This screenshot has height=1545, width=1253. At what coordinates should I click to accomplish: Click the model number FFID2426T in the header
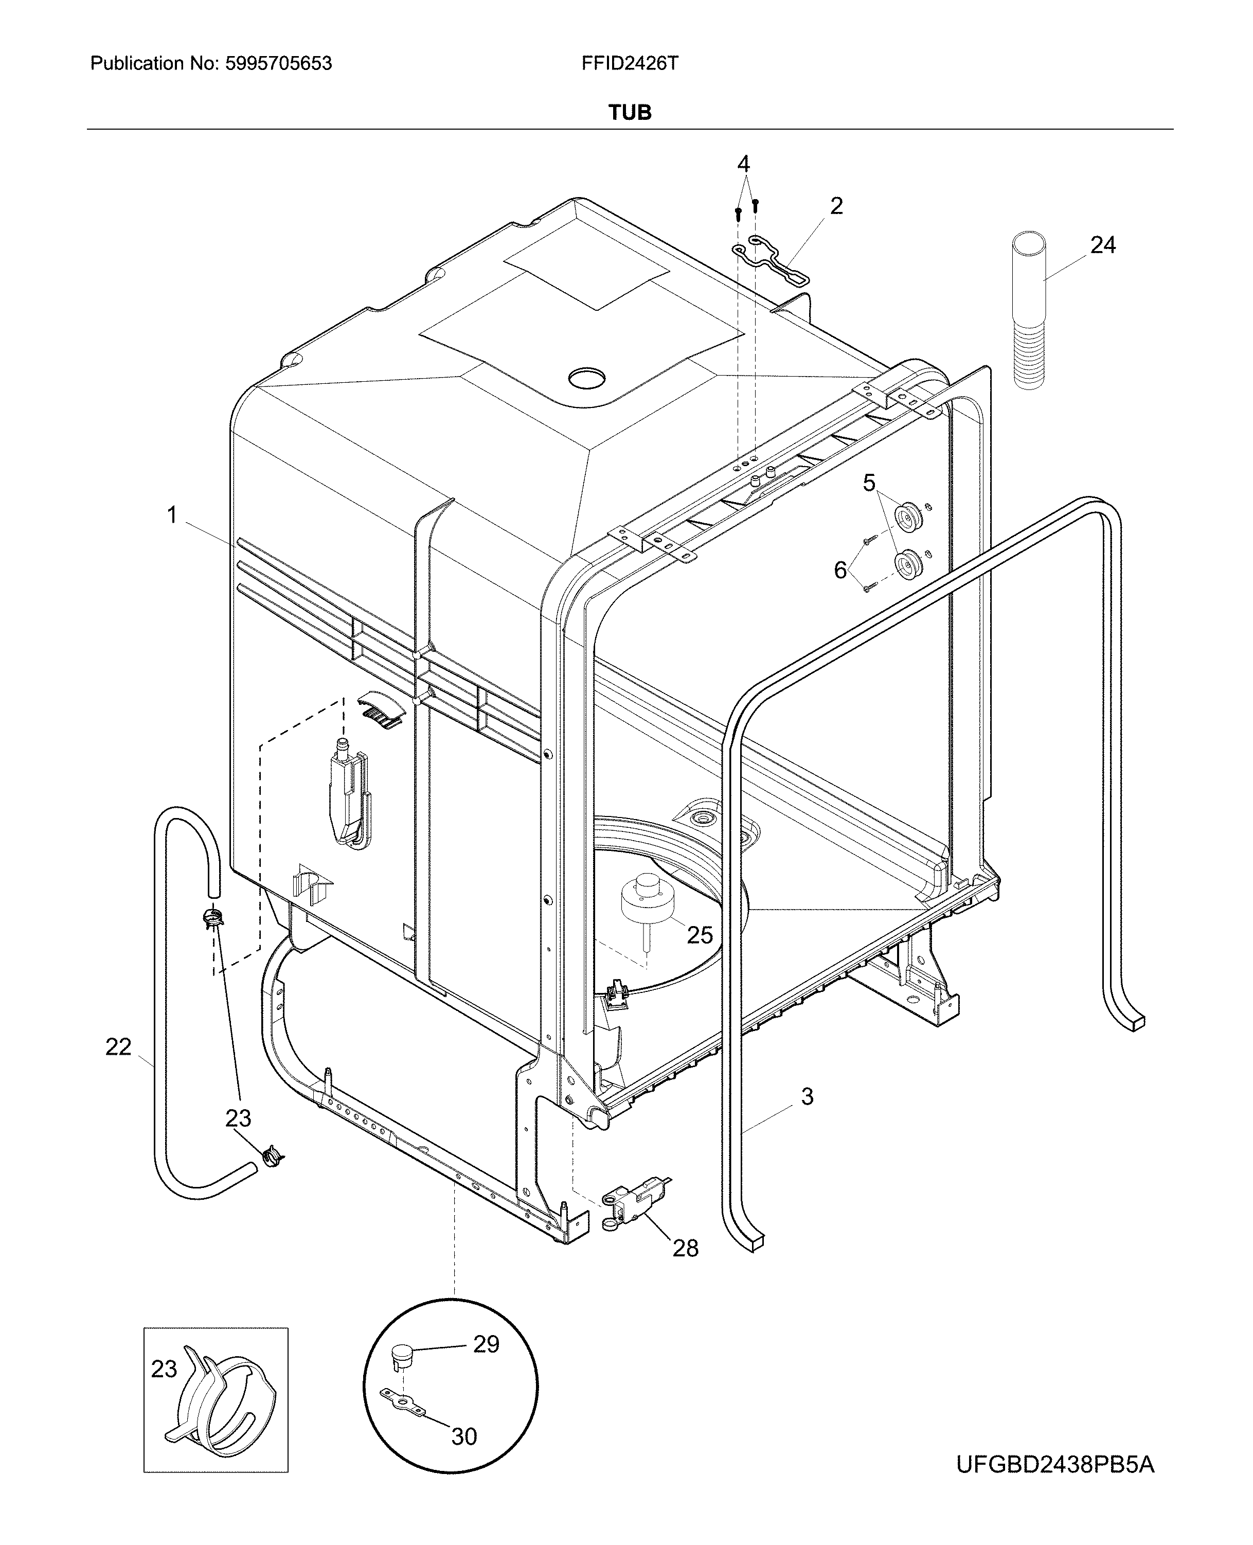(x=630, y=63)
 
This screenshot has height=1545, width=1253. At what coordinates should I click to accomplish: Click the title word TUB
(x=630, y=113)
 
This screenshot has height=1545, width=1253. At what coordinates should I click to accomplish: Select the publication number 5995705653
(x=279, y=63)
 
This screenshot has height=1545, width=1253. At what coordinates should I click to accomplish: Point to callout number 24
(x=1102, y=245)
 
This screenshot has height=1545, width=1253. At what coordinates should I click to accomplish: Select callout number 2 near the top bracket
(x=836, y=206)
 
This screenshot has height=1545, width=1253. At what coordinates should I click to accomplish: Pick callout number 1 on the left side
(x=172, y=515)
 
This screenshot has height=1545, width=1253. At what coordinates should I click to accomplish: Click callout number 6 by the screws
(x=840, y=571)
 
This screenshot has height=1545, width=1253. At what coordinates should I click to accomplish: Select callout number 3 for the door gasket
(x=807, y=1096)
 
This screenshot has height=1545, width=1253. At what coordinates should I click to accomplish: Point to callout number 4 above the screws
(x=743, y=164)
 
